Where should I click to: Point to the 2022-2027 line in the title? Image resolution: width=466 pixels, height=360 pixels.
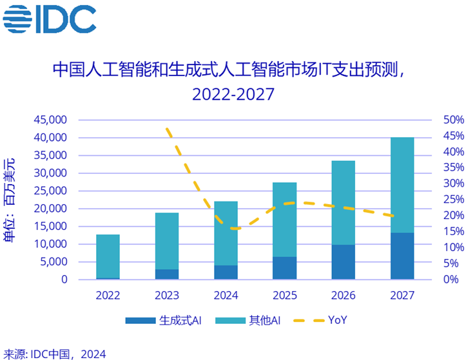pos(233,94)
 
